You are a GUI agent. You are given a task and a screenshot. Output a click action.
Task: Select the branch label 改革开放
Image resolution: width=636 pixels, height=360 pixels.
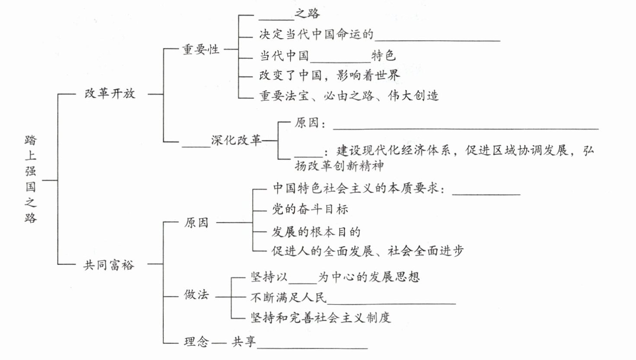pyautogui.click(x=110, y=93)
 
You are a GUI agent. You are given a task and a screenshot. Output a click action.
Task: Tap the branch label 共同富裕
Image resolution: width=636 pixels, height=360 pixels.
pyautogui.click(x=109, y=264)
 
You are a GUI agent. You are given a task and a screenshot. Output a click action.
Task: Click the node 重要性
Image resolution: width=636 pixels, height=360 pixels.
pyautogui.click(x=201, y=49)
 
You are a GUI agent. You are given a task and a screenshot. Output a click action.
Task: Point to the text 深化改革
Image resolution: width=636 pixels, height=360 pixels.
pyautogui.click(x=236, y=140)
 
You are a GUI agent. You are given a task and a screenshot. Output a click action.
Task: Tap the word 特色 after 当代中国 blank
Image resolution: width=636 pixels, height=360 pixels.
pyautogui.click(x=384, y=56)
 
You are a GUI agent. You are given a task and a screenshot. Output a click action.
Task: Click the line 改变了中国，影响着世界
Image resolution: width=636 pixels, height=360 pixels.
pyautogui.click(x=329, y=75)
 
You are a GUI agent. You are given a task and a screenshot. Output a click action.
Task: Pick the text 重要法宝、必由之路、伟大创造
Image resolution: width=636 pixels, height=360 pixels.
pyautogui.click(x=349, y=95)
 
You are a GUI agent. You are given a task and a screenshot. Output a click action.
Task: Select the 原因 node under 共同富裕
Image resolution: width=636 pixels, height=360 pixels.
pyautogui.click(x=196, y=223)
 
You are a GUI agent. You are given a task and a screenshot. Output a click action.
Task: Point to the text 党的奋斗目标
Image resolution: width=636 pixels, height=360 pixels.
pyautogui.click(x=310, y=209)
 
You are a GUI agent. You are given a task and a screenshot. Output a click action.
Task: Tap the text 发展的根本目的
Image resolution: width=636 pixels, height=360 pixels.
pyautogui.click(x=316, y=232)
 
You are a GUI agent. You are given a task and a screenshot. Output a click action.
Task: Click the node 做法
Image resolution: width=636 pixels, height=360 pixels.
pyautogui.click(x=196, y=295)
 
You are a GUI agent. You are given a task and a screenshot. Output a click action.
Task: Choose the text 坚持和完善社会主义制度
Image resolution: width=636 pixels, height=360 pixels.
pyautogui.click(x=320, y=318)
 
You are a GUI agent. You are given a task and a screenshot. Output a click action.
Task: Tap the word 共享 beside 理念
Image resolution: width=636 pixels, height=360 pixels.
pyautogui.click(x=244, y=342)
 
